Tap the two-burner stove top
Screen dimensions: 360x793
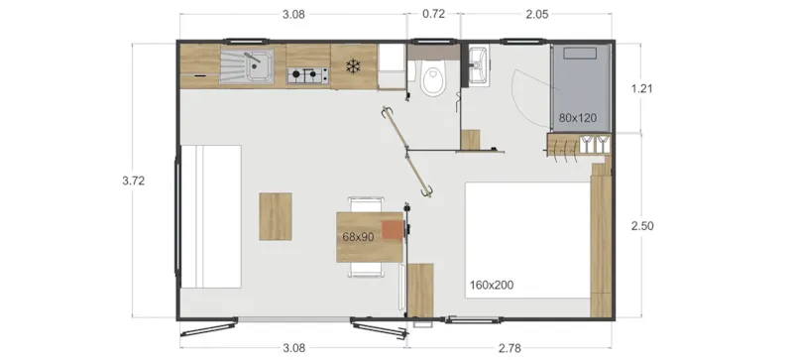click(x=307, y=74)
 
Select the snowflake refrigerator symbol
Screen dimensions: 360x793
click(x=352, y=66)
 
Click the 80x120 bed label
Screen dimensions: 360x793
click(x=577, y=118)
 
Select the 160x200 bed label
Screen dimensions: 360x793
click(x=491, y=286)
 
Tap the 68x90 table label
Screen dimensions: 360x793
click(x=358, y=237)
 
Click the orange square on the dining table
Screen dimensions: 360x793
click(x=394, y=230)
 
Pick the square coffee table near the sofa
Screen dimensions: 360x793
click(x=277, y=216)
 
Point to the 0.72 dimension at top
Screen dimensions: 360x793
click(x=433, y=15)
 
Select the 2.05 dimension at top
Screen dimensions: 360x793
click(x=535, y=15)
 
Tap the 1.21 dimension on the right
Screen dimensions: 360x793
click(x=642, y=89)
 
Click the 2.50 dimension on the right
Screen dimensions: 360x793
click(x=642, y=226)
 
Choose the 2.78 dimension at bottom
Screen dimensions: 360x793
click(x=510, y=347)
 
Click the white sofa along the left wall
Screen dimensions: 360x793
click(x=210, y=216)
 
